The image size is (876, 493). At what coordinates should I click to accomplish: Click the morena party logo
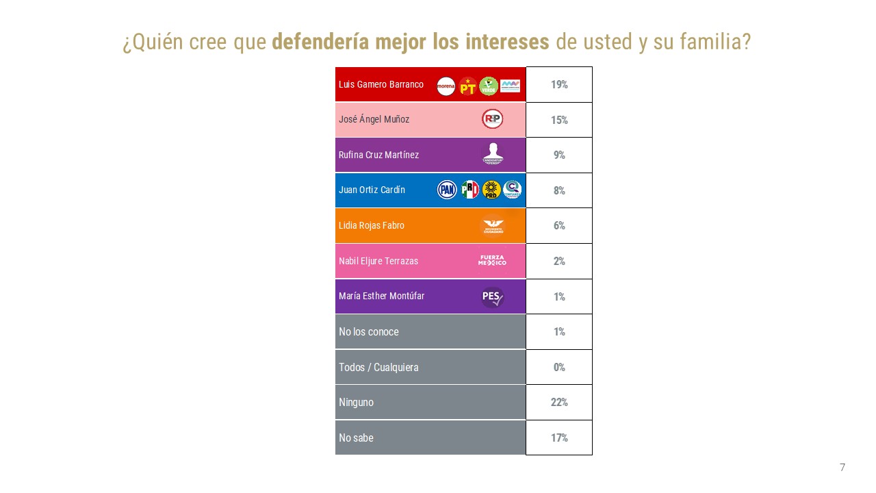click(x=446, y=86)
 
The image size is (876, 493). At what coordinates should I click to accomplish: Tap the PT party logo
click(x=467, y=86)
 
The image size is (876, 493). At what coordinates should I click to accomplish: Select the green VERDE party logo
click(x=489, y=86)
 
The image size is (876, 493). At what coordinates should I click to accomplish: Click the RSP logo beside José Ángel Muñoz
click(x=492, y=119)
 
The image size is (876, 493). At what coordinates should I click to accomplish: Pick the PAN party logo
click(x=447, y=190)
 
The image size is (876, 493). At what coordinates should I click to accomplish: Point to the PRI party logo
click(x=469, y=190)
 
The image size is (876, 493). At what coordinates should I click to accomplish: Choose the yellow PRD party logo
click(x=491, y=190)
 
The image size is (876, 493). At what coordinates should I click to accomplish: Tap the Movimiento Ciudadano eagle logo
click(x=492, y=225)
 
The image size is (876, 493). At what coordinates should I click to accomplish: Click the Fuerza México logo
click(x=492, y=260)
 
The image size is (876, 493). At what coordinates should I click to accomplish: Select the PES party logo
click(x=492, y=296)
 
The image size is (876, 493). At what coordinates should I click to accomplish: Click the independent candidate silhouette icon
click(x=492, y=154)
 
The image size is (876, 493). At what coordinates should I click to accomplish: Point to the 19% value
click(x=559, y=85)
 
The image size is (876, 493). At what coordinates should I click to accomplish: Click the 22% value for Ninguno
click(x=559, y=402)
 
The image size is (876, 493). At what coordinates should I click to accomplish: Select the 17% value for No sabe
click(x=559, y=438)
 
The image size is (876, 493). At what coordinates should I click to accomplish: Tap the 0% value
click(x=559, y=367)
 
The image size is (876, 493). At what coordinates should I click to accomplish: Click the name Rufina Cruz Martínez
click(x=378, y=155)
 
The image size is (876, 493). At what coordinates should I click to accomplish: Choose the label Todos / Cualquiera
click(x=378, y=367)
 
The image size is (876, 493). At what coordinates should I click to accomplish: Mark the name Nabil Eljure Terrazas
click(x=378, y=261)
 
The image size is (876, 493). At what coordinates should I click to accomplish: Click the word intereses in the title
click(x=507, y=42)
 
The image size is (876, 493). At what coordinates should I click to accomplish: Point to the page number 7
click(x=842, y=468)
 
